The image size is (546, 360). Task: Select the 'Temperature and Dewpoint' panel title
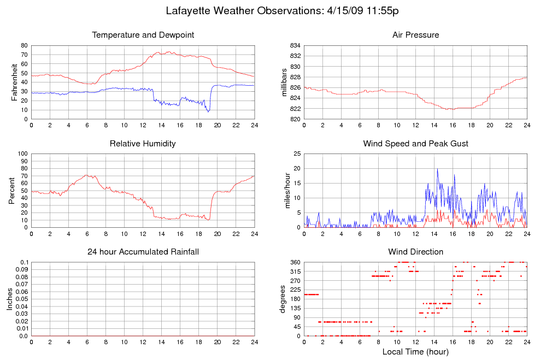143,35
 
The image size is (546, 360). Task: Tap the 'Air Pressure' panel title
415,35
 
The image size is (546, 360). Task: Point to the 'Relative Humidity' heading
143,144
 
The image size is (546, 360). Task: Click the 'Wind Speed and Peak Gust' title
415,144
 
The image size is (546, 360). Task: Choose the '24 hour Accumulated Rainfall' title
143,252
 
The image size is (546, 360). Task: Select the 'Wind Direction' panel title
415,252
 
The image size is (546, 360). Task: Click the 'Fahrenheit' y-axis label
15,82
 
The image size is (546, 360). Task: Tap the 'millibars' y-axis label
284,82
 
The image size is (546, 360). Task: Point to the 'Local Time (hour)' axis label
415,352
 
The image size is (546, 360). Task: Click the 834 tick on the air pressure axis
295,45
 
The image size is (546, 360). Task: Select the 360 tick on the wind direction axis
294,263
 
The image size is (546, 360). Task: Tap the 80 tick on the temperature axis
24,45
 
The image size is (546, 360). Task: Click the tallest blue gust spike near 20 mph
437,169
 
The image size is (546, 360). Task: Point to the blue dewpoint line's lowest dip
208,111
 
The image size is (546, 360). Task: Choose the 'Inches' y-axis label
10,299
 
